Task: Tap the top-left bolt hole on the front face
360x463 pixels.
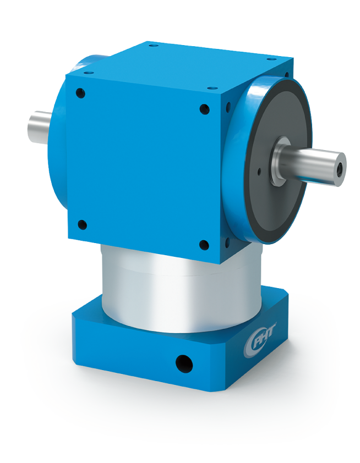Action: coord(81,93)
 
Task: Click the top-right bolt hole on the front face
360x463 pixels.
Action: coord(204,109)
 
